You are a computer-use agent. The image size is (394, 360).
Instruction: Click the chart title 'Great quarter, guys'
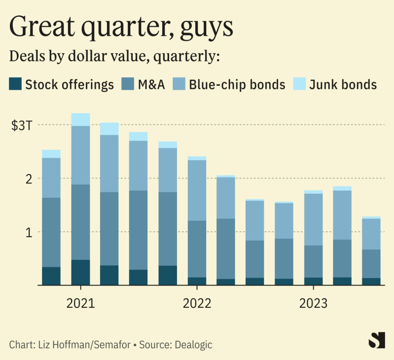[x=121, y=27]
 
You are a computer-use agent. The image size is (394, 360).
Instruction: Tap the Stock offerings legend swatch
[x=16, y=84]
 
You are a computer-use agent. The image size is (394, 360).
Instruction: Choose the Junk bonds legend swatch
[x=300, y=84]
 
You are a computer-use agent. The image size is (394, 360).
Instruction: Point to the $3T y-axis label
[x=22, y=125]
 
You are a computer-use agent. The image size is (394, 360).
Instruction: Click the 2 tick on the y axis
[x=29, y=179]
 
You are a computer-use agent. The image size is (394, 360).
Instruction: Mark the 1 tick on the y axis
[x=29, y=232]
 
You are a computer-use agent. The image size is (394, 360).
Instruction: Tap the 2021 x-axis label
[x=80, y=303]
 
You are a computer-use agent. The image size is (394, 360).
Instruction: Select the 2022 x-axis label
[x=197, y=303]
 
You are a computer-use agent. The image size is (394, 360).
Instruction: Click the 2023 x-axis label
[x=313, y=303]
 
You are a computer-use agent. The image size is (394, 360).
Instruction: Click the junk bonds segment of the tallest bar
[x=80, y=119]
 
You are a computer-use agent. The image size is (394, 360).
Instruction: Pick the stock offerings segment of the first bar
[x=51, y=276]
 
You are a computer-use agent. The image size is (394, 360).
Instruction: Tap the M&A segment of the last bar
[x=371, y=264]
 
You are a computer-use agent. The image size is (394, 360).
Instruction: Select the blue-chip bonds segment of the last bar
[x=371, y=234]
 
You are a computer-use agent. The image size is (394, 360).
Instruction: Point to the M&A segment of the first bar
[x=51, y=232]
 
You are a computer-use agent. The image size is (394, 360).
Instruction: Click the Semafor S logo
[x=377, y=340]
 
